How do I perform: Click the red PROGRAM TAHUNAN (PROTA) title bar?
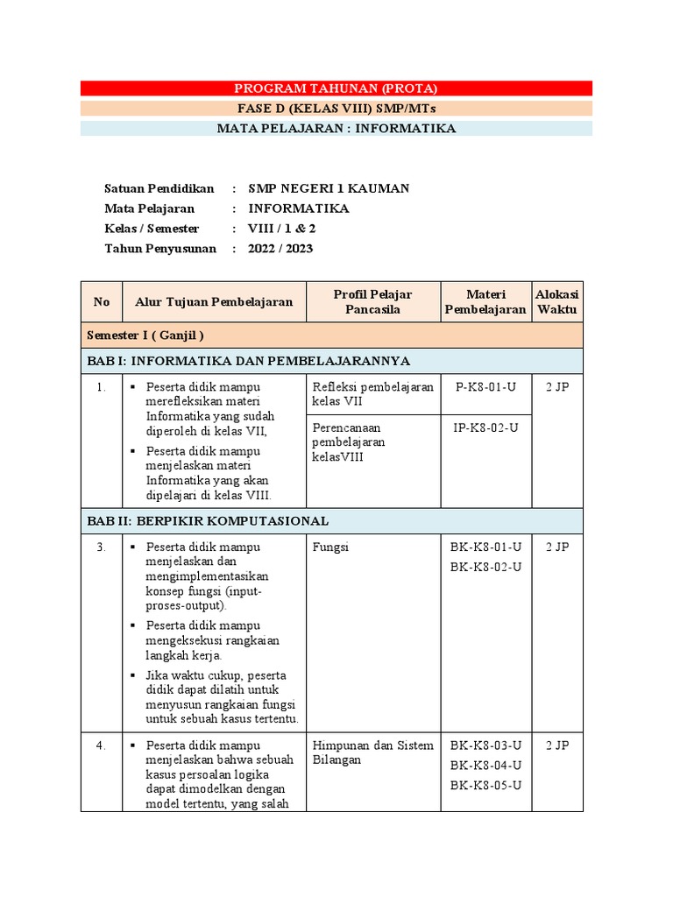tap(336, 88)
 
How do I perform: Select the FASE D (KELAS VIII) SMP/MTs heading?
tap(336, 109)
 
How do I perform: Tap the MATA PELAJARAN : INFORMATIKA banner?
tap(336, 129)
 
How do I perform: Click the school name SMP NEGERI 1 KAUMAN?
tap(329, 188)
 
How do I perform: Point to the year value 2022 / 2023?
tap(280, 249)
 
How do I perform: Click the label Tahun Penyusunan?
tap(160, 249)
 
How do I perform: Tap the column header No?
tap(102, 302)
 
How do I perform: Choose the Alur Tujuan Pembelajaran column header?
tap(214, 302)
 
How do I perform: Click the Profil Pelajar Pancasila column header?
tap(372, 301)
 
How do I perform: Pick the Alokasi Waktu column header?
tap(557, 301)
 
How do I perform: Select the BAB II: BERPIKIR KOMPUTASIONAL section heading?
tap(208, 521)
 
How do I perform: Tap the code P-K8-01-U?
tap(485, 386)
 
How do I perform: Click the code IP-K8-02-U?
tap(485, 427)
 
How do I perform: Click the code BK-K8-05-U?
tap(485, 785)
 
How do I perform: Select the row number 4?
tap(102, 746)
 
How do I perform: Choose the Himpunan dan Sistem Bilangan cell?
tap(372, 753)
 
